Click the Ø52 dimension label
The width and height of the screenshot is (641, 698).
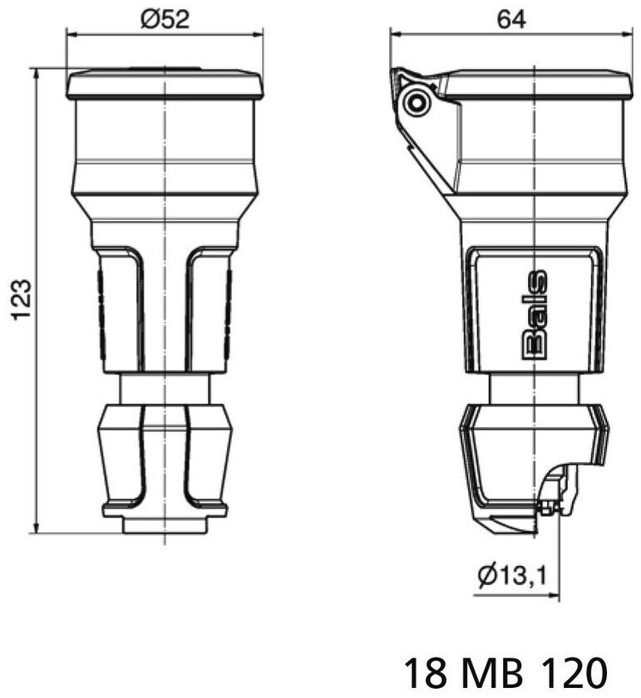click(x=165, y=19)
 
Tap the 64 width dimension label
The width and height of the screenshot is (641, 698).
click(x=511, y=19)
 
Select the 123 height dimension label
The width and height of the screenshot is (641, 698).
click(x=21, y=300)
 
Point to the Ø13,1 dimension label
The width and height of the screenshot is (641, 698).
click(x=512, y=575)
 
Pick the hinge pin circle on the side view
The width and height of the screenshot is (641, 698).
click(x=417, y=103)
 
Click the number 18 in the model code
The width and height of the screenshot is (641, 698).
click(x=426, y=671)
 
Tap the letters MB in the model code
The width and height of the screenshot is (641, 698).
click(x=492, y=671)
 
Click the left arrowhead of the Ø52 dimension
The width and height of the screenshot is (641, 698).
click(x=71, y=34)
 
